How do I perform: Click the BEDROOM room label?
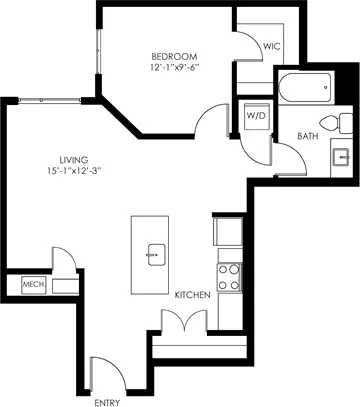pyautogui.click(x=174, y=56)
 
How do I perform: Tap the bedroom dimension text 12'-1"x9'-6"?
pyautogui.click(x=174, y=67)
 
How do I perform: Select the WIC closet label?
pyautogui.click(x=271, y=46)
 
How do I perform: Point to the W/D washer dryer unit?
pyautogui.click(x=256, y=116)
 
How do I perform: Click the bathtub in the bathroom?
pyautogui.click(x=305, y=87)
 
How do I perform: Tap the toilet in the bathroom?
pyautogui.click(x=336, y=123)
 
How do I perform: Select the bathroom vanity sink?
pyautogui.click(x=341, y=157)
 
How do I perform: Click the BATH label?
pyautogui.click(x=308, y=136)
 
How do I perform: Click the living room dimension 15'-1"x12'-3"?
pyautogui.click(x=74, y=171)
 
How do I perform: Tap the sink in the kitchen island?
pyautogui.click(x=156, y=255)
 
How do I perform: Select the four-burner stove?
pyautogui.click(x=229, y=277)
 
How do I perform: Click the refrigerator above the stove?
pyautogui.click(x=228, y=232)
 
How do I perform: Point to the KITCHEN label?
pyautogui.click(x=193, y=295)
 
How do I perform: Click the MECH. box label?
pyautogui.click(x=34, y=285)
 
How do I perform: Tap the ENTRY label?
pyautogui.click(x=107, y=403)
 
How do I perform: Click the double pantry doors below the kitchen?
pyautogui.click(x=184, y=321)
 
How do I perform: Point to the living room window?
pyautogui.click(x=50, y=100)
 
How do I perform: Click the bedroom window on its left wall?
pyautogui.click(x=98, y=51)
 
